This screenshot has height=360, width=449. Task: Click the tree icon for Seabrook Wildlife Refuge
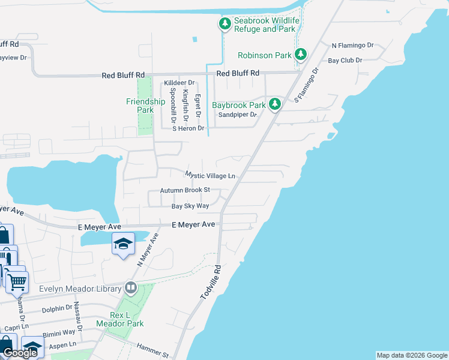(224, 24)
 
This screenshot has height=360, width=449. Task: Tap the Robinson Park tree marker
(301, 55)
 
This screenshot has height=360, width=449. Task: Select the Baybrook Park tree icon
(275, 104)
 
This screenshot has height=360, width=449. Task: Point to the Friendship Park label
(145, 106)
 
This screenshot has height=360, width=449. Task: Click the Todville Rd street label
(211, 284)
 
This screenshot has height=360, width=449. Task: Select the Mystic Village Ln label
(209, 176)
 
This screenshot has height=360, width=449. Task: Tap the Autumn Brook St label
(184, 190)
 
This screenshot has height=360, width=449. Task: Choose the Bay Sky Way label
(190, 206)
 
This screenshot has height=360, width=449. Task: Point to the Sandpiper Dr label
(237, 115)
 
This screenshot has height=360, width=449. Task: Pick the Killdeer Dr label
(179, 83)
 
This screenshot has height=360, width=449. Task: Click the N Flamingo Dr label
(352, 45)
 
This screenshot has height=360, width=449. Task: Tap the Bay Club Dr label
(345, 61)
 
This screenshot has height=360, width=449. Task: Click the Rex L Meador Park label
(127, 319)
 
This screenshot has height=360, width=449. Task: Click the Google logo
(20, 353)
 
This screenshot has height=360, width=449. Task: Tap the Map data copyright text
(411, 355)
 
